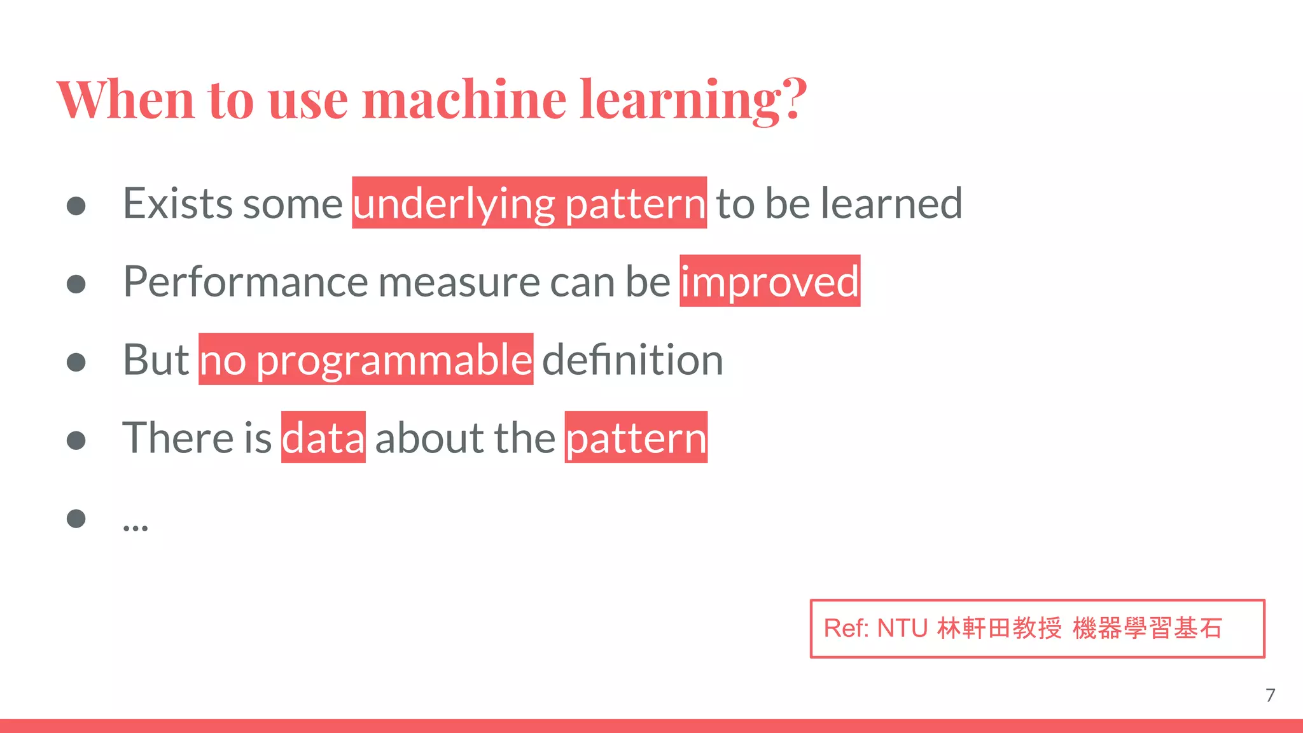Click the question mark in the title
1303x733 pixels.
tap(795, 99)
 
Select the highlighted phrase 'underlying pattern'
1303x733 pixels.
tap(529, 204)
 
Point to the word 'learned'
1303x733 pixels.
tap(891, 204)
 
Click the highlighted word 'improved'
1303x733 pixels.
tap(770, 282)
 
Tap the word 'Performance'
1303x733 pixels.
tap(246, 282)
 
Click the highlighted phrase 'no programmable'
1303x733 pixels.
tap(366, 360)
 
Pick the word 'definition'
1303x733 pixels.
tap(632, 360)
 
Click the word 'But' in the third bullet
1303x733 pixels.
tap(156, 360)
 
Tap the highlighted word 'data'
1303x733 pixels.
tap(323, 438)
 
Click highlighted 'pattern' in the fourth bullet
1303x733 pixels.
tap(636, 438)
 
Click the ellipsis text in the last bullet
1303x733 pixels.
tap(136, 526)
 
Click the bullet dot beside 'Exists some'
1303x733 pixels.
tap(76, 206)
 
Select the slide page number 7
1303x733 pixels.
tap(1270, 695)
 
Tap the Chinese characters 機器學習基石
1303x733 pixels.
tap(1147, 629)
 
